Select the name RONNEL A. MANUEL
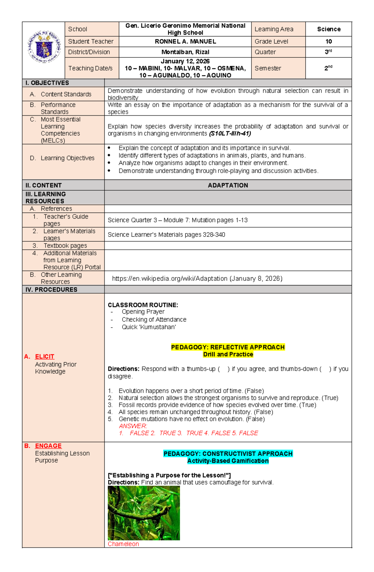pyautogui.click(x=185, y=41)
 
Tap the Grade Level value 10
pyautogui.click(x=328, y=41)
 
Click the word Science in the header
pyautogui.click(x=328, y=29)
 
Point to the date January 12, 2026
pyautogui.click(x=185, y=61)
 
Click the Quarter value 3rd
pyautogui.click(x=328, y=52)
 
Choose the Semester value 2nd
pyautogui.click(x=328, y=68)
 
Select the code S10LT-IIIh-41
pyautogui.click(x=230, y=134)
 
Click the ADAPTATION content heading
pyautogui.click(x=228, y=185)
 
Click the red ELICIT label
pyautogui.click(x=45, y=357)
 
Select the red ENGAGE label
pyautogui.click(x=48, y=446)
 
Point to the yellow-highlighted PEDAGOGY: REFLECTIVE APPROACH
pyautogui.click(x=228, y=347)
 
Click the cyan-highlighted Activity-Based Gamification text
pyautogui.click(x=228, y=461)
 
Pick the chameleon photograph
pyautogui.click(x=144, y=513)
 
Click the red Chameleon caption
pyautogui.click(x=123, y=544)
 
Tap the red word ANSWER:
pyautogui.click(x=133, y=426)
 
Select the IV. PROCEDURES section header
pyautogui.click(x=51, y=290)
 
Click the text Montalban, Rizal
pyautogui.click(x=185, y=52)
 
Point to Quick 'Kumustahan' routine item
pyautogui.click(x=149, y=327)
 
